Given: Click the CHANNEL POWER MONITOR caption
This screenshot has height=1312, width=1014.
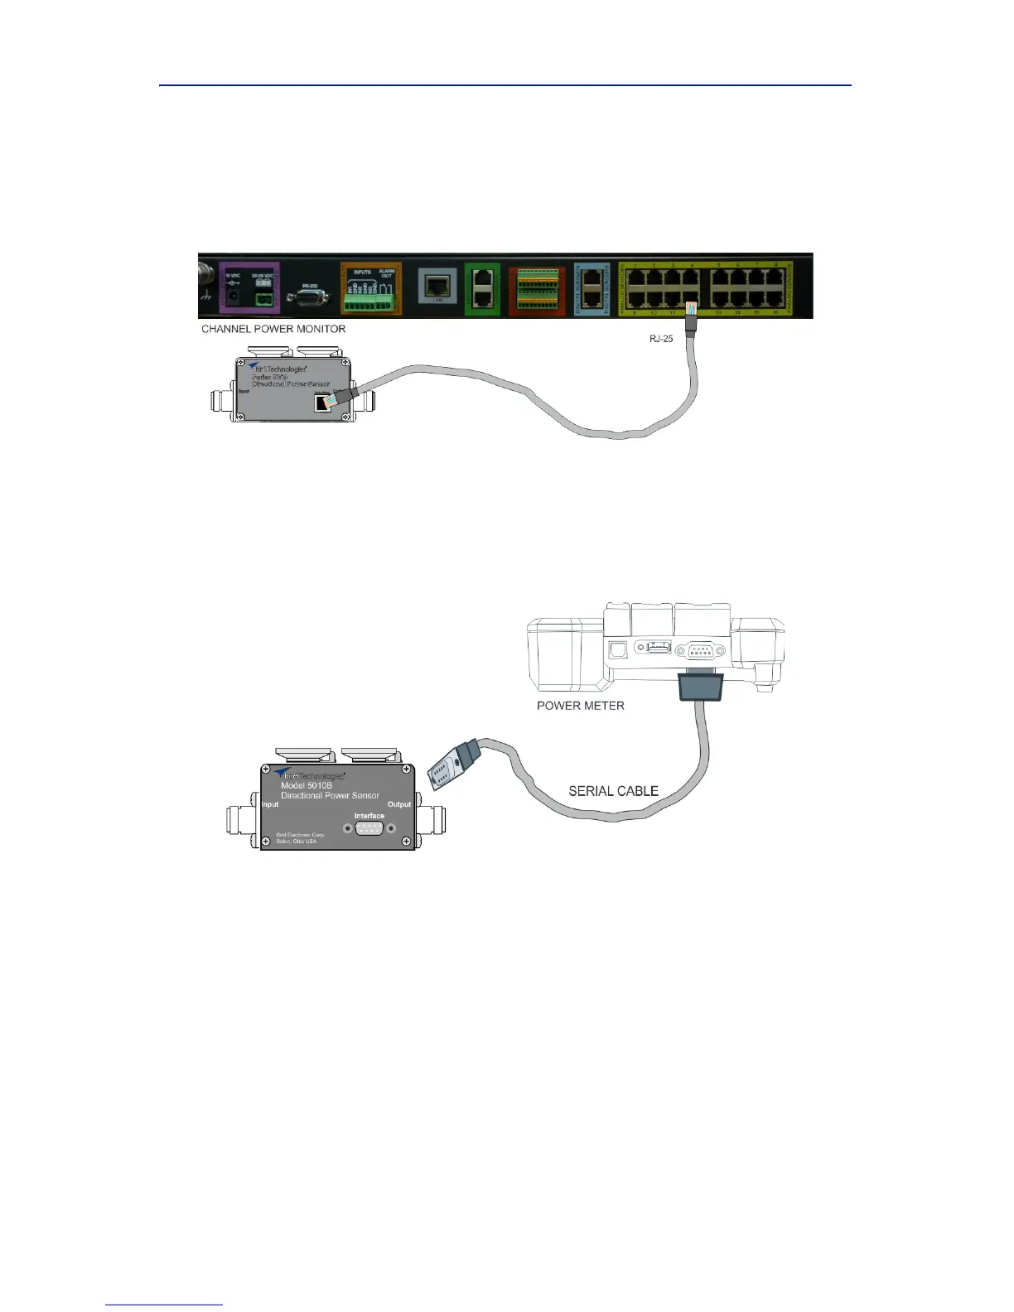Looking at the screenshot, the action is click(x=273, y=329).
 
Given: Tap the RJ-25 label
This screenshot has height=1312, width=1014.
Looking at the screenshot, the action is click(x=661, y=338).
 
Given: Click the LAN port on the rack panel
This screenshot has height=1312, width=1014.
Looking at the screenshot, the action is click(x=437, y=286).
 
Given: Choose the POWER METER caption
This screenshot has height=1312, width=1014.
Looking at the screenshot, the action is click(x=580, y=706).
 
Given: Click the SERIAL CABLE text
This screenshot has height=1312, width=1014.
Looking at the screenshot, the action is click(x=613, y=791).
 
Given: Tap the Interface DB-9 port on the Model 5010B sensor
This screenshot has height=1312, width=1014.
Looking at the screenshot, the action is click(x=369, y=828).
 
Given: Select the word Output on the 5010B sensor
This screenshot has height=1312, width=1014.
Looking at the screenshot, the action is click(x=399, y=804).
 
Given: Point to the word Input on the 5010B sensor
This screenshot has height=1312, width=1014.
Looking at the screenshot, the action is click(x=270, y=804).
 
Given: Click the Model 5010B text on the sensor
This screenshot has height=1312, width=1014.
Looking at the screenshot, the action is click(x=307, y=785).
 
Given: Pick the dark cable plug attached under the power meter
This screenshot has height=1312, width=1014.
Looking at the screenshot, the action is click(x=701, y=686).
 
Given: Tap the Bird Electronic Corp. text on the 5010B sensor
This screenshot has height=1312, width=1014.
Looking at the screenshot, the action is click(x=300, y=835).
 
